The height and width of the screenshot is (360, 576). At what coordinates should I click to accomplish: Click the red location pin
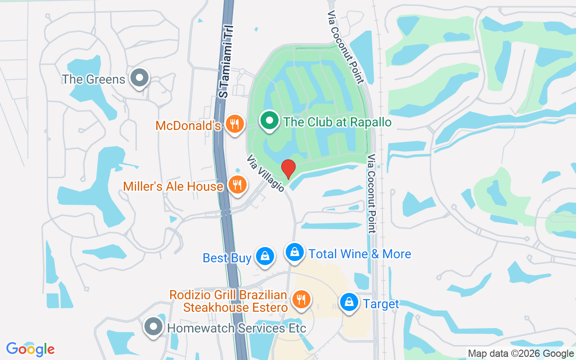(x=288, y=169)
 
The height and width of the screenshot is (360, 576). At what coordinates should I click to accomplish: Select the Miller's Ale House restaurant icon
(x=237, y=184)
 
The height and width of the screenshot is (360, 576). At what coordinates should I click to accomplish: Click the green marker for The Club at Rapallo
(x=269, y=121)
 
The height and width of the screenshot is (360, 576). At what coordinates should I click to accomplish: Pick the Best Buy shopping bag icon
(x=265, y=256)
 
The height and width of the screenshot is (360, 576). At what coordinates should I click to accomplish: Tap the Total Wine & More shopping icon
(x=294, y=252)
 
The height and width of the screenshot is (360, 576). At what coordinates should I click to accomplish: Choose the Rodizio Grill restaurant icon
(x=301, y=299)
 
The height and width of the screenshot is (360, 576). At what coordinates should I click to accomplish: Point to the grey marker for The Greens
(x=139, y=78)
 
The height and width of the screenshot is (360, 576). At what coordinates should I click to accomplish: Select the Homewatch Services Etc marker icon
(x=153, y=327)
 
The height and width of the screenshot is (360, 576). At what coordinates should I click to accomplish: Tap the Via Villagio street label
(x=265, y=173)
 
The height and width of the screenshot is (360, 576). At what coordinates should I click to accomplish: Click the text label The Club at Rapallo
(x=337, y=122)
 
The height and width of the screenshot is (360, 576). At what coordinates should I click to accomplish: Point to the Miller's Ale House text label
(x=173, y=186)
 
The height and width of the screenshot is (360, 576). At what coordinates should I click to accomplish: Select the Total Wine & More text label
(x=360, y=254)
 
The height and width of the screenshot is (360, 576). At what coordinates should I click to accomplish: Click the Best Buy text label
(x=227, y=258)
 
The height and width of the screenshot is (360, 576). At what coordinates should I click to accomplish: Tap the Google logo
(x=31, y=349)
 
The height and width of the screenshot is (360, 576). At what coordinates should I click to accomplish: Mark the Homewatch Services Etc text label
(x=237, y=328)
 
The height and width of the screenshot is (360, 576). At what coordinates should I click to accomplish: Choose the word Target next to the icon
(x=381, y=304)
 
